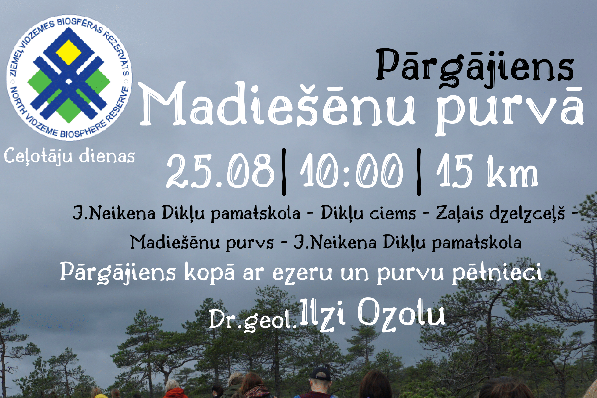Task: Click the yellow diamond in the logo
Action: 68,52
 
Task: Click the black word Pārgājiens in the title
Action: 475,67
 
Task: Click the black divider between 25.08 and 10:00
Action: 284,172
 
